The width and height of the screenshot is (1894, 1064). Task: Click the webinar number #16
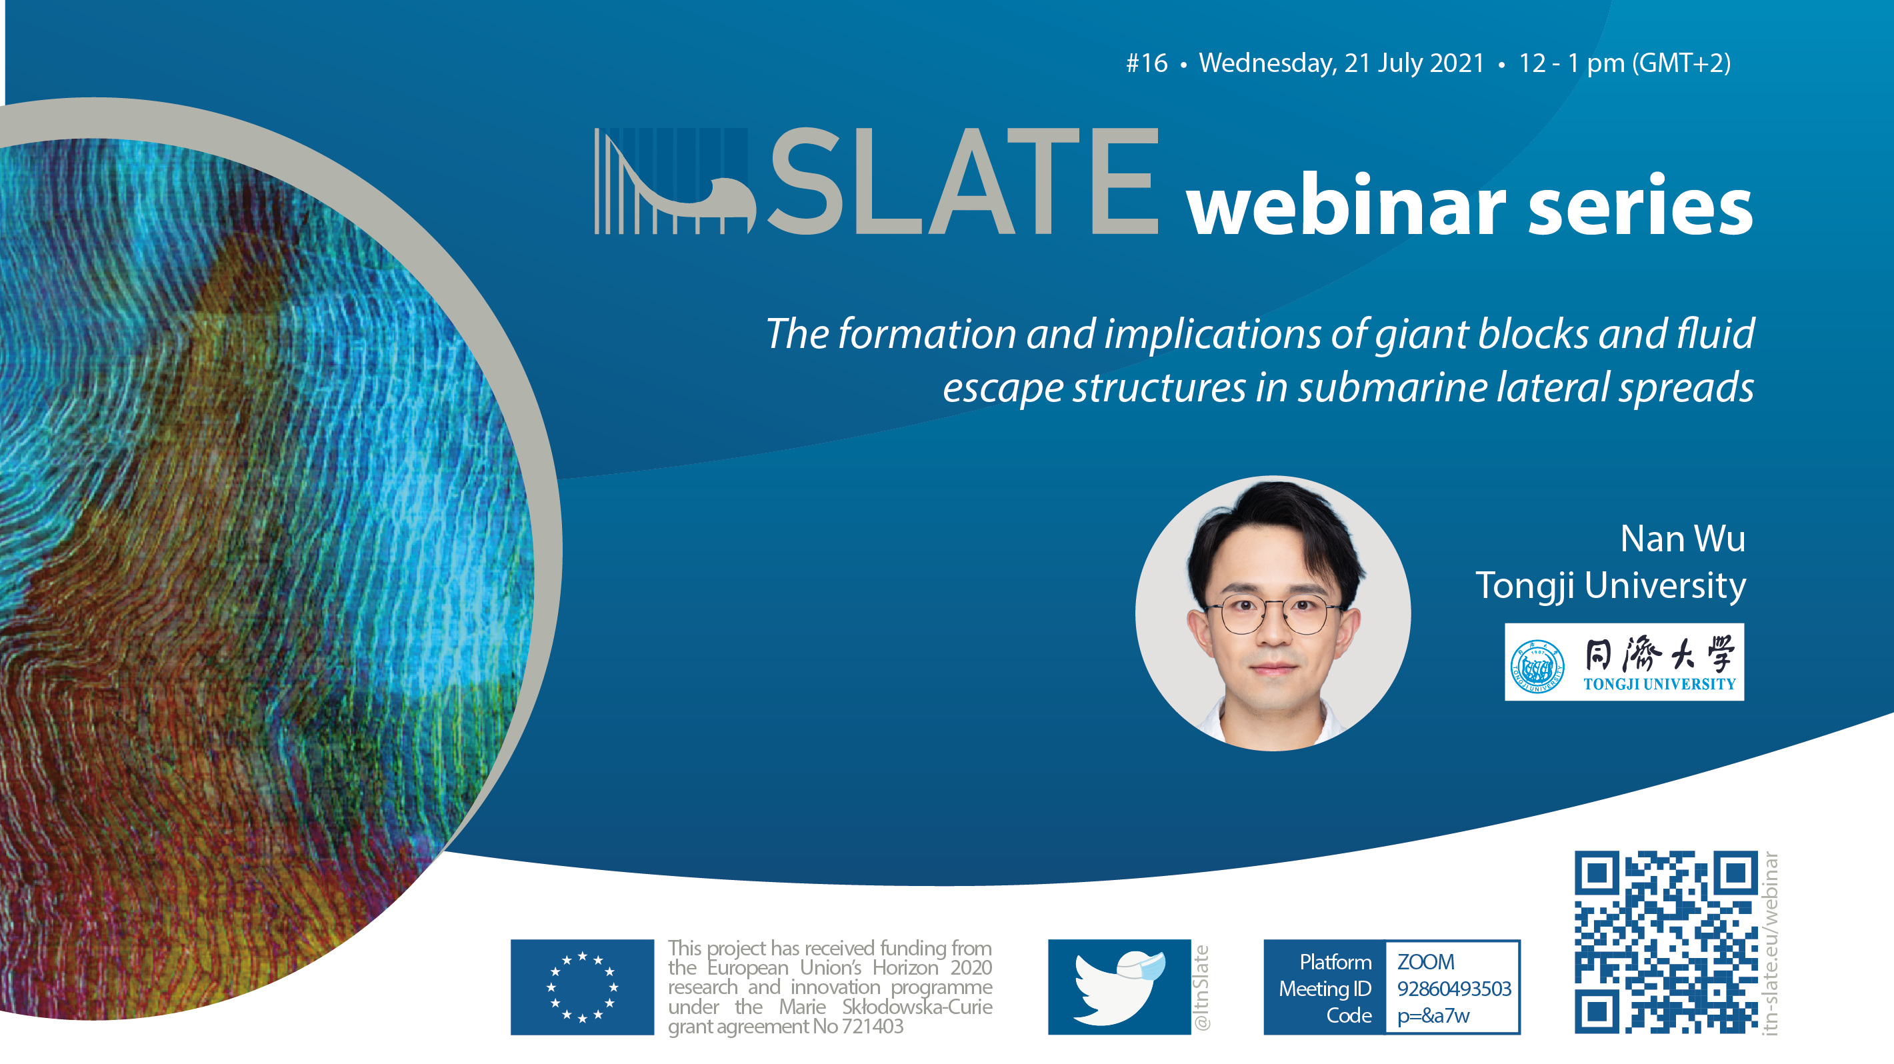1146,63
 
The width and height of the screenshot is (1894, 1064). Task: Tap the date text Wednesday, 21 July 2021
1342,63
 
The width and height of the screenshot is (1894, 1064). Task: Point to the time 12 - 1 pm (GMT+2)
1625,63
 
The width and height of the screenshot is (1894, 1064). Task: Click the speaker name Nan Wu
1682,538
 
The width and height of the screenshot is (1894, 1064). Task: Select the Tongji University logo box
1624,662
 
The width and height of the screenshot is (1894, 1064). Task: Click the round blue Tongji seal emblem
1537,666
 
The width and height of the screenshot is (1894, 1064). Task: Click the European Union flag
582,987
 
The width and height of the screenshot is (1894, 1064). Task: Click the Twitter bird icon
1119,987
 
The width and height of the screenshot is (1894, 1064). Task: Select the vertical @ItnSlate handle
1201,987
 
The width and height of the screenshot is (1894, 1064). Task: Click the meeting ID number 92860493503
1453,988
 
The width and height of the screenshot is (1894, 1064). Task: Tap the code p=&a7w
1433,1015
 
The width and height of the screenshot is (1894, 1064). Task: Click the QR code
1666,942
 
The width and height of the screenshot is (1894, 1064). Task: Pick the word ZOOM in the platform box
1425,962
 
